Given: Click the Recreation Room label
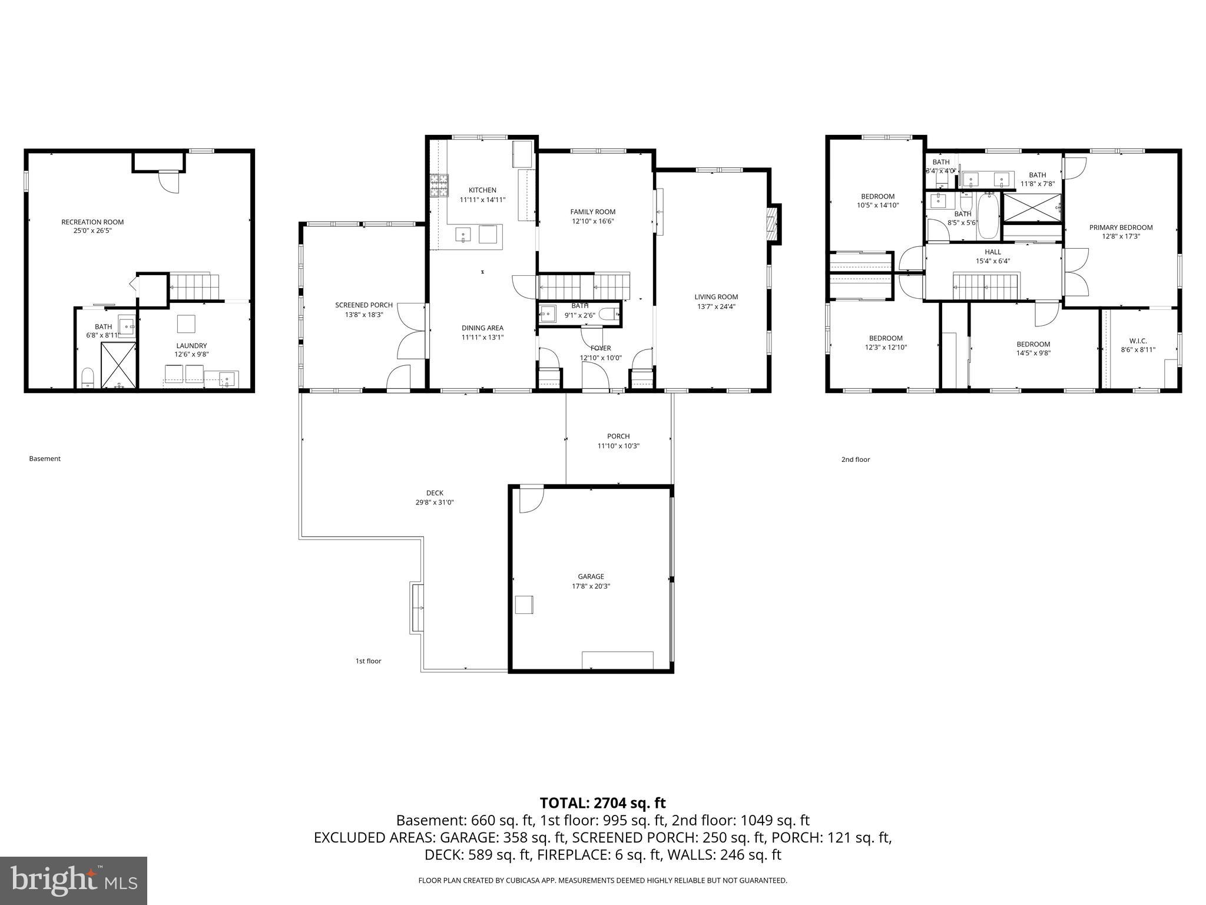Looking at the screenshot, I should pyautogui.click(x=92, y=222).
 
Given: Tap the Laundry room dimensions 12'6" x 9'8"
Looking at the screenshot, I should pyautogui.click(x=191, y=355).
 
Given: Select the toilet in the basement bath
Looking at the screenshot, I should pyautogui.click(x=88, y=377).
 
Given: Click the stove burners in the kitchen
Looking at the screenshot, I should pyautogui.click(x=439, y=186).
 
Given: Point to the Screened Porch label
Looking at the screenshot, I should pyautogui.click(x=363, y=305).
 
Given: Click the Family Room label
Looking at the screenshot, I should pyautogui.click(x=592, y=212).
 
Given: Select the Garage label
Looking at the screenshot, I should pyautogui.click(x=591, y=577).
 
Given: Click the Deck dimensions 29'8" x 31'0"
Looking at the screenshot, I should pyautogui.click(x=435, y=503).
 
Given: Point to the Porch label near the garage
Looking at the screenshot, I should pyautogui.click(x=618, y=437).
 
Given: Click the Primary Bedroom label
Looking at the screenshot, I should pyautogui.click(x=1121, y=227).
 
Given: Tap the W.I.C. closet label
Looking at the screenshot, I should pyautogui.click(x=1138, y=341).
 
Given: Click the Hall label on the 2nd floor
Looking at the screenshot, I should pyautogui.click(x=992, y=252).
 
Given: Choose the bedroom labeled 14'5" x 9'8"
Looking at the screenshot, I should pyautogui.click(x=1033, y=353).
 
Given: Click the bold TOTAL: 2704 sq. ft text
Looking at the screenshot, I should pyautogui.click(x=602, y=802).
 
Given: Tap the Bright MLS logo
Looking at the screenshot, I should pyautogui.click(x=74, y=880).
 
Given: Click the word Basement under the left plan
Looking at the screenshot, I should pyautogui.click(x=45, y=458).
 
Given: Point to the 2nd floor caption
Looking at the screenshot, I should pyautogui.click(x=855, y=460).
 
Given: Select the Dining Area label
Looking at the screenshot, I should pyautogui.click(x=482, y=328).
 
